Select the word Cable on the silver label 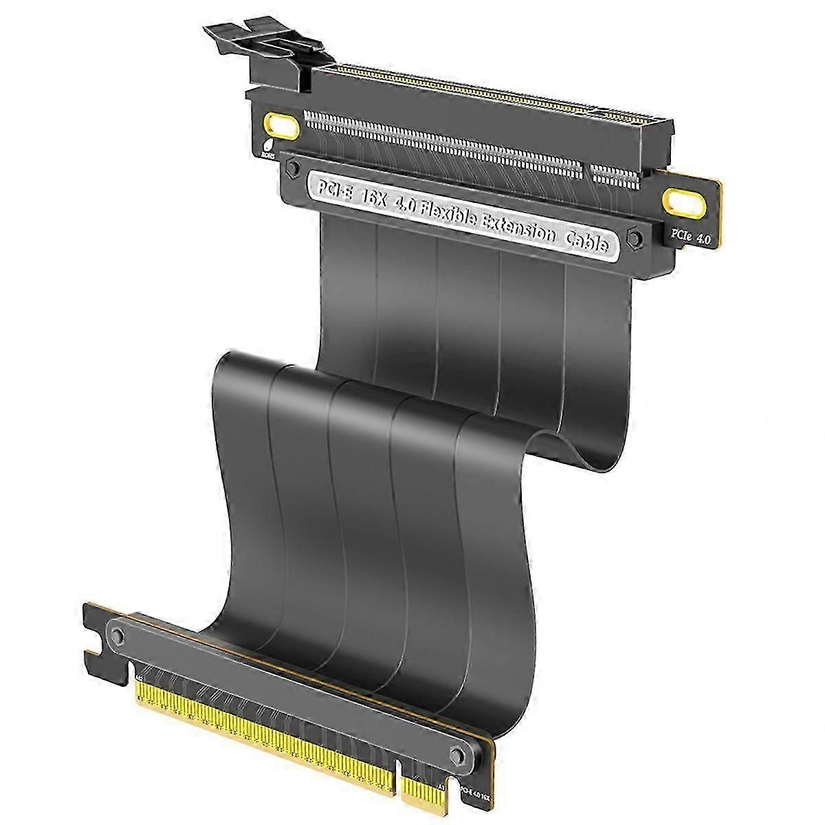click(586, 241)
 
